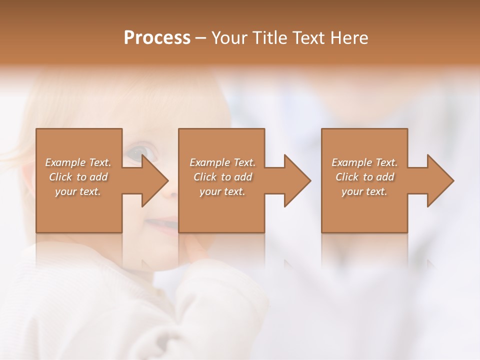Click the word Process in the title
(157, 38)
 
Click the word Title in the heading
(270, 38)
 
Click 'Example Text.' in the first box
(78, 162)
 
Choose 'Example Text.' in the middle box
(222, 162)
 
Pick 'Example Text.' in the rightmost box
(364, 162)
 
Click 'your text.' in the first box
(78, 191)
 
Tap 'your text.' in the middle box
(222, 191)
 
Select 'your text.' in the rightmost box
(364, 191)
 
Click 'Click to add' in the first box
(78, 177)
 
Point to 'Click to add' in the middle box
(222, 177)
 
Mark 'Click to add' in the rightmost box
(364, 177)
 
